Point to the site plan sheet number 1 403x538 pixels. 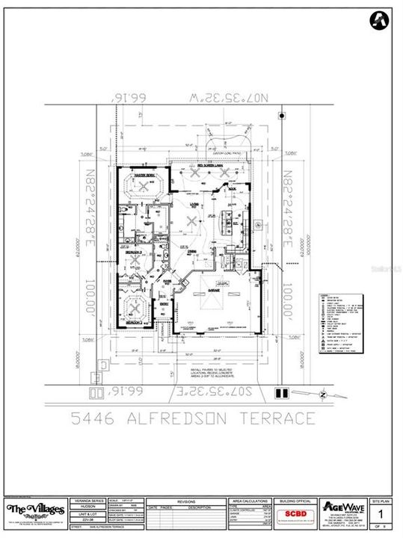pos(381,514)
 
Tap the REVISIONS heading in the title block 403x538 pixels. pos(185,503)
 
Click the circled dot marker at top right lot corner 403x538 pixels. pos(281,116)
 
